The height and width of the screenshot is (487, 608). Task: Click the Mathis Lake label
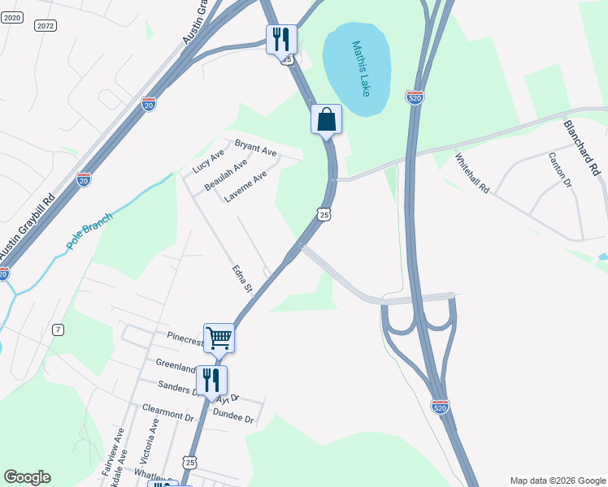pyautogui.click(x=362, y=68)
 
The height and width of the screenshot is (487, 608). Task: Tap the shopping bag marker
pyautogui.click(x=326, y=119)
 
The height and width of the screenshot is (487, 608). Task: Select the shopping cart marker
pyautogui.click(x=219, y=337)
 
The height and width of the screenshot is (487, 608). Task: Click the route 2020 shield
pyautogui.click(x=11, y=17)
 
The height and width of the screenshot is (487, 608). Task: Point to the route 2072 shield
pyautogui.click(x=46, y=26)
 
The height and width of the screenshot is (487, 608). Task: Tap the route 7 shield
pyautogui.click(x=57, y=329)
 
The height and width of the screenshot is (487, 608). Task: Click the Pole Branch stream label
pyautogui.click(x=89, y=231)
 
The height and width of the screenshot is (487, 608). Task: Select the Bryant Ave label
pyautogui.click(x=256, y=150)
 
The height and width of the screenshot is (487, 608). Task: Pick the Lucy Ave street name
pyautogui.click(x=208, y=162)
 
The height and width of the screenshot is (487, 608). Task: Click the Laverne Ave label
pyautogui.click(x=245, y=187)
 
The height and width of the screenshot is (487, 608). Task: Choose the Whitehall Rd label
pyautogui.click(x=472, y=172)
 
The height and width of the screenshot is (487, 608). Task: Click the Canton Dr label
pyautogui.click(x=561, y=170)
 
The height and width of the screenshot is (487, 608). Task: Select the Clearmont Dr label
pyautogui.click(x=168, y=414)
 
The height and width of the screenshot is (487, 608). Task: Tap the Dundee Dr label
pyautogui.click(x=233, y=419)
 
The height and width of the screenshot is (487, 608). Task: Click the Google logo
pyautogui.click(x=27, y=477)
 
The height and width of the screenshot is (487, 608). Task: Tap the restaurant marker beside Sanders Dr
pyautogui.click(x=211, y=380)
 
